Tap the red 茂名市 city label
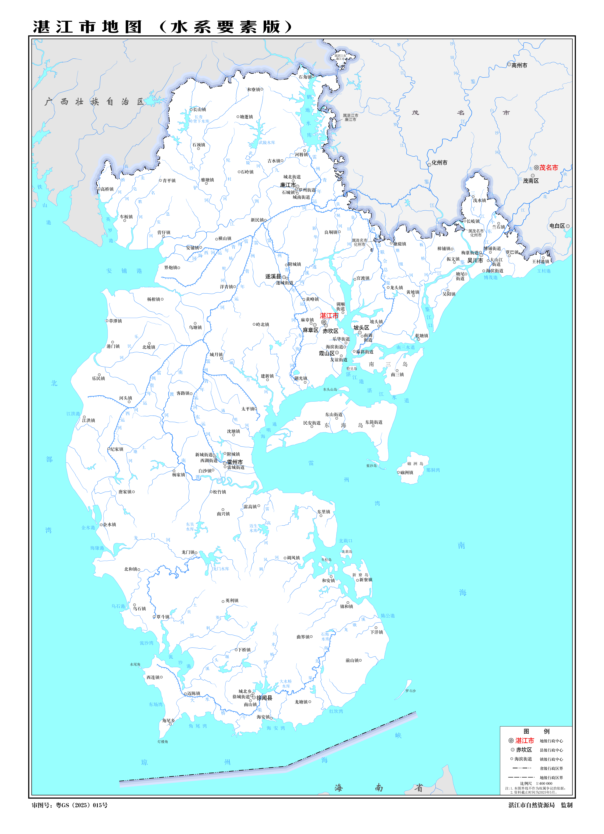(x=548, y=168)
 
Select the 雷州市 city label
(x=235, y=462)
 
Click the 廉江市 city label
(x=288, y=185)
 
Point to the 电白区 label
(x=557, y=226)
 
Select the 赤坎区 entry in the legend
(x=524, y=749)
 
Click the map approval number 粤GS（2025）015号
(x=82, y=805)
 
